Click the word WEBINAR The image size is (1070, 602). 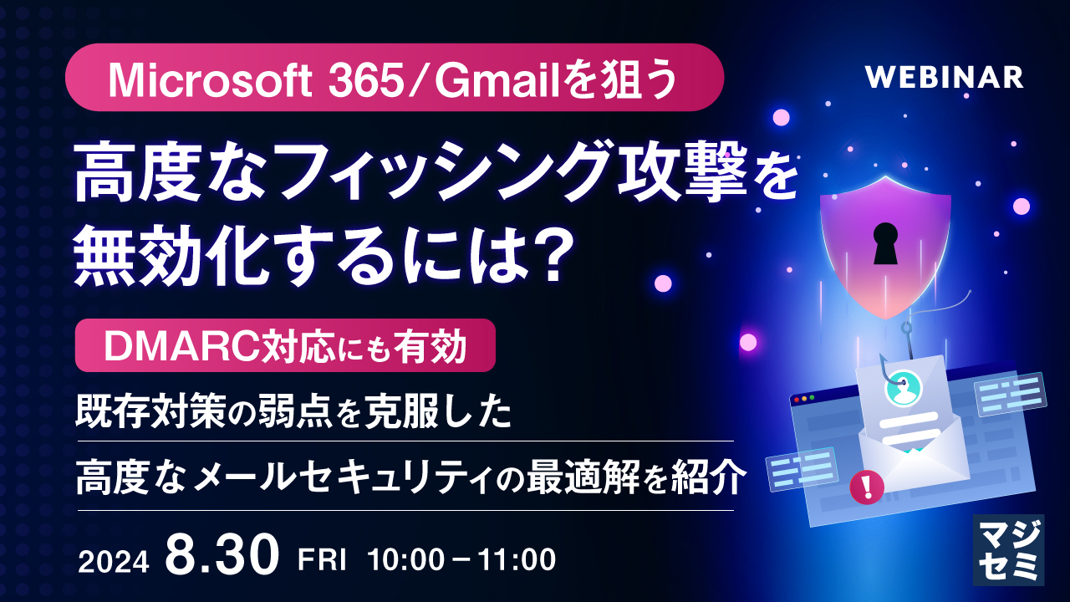click(944, 77)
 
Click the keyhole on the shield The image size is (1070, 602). click(884, 242)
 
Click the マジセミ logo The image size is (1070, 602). click(1008, 548)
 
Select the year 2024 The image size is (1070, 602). click(114, 561)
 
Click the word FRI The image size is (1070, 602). click(322, 560)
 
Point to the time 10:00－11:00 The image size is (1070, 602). click(461, 560)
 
